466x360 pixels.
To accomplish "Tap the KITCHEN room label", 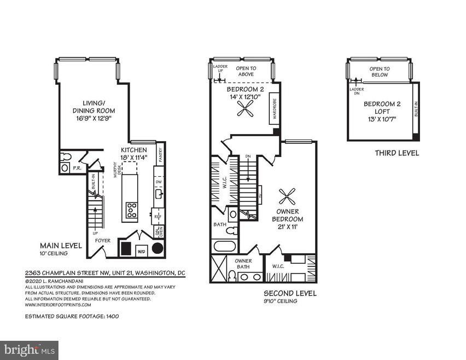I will tap(134, 150).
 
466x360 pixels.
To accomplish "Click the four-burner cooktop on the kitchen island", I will tap(132, 210).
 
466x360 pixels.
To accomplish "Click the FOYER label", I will tap(103, 239).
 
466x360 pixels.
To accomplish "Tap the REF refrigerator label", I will tap(159, 217).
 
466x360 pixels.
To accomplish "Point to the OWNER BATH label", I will tap(243, 264).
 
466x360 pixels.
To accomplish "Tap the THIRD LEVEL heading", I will tap(397, 153).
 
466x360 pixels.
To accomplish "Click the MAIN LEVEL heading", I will tap(60, 246).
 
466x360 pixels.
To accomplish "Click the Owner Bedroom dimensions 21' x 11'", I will tap(288, 227).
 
